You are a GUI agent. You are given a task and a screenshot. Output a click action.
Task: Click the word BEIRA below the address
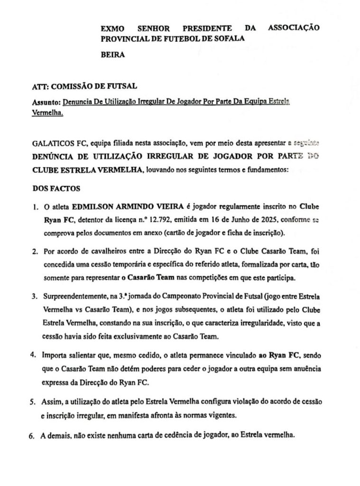click(x=113, y=55)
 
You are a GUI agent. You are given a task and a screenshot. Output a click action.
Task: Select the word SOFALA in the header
click(x=229, y=38)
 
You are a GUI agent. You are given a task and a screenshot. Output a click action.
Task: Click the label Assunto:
click(x=46, y=102)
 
